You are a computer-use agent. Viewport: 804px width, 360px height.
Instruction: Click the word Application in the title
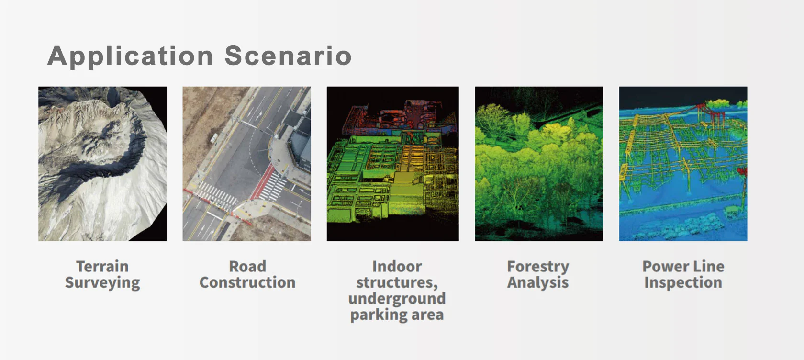[x=130, y=56]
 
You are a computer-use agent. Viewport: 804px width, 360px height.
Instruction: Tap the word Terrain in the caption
[x=102, y=266]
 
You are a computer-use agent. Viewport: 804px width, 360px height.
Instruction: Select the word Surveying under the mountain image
[x=102, y=283]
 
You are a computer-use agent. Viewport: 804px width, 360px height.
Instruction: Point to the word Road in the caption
[x=247, y=266]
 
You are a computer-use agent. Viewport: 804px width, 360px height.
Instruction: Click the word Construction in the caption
[x=247, y=282]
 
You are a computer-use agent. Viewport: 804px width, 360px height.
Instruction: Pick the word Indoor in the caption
[x=397, y=266]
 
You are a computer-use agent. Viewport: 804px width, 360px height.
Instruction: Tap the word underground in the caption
[x=397, y=299]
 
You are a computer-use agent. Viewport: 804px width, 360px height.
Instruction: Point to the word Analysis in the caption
[x=538, y=283]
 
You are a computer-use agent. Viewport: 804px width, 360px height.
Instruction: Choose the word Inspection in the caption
[x=683, y=283]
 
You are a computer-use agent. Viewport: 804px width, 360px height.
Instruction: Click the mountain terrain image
[x=102, y=164]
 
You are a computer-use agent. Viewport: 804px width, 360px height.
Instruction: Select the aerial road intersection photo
[x=246, y=164]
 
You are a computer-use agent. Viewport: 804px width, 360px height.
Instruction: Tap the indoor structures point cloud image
[x=392, y=164]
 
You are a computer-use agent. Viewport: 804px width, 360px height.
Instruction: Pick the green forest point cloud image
[x=539, y=164]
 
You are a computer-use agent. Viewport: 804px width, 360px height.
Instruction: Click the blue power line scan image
[x=683, y=164]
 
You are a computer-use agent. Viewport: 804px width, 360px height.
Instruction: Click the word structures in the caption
[x=397, y=283]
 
